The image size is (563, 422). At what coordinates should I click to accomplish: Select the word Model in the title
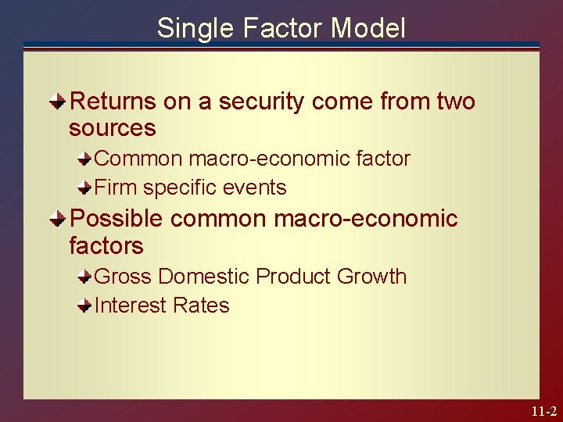tap(368, 28)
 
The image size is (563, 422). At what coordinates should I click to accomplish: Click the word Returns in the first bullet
tap(114, 102)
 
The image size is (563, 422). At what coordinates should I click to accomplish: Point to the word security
tap(256, 102)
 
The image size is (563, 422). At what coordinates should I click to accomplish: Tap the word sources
tap(112, 128)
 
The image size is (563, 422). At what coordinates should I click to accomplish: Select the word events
tap(256, 188)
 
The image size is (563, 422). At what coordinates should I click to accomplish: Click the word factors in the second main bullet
tap(106, 246)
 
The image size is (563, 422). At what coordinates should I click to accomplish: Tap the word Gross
tap(123, 277)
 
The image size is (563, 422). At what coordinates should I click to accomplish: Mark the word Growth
tap(372, 277)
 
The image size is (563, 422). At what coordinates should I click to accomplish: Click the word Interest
tap(128, 306)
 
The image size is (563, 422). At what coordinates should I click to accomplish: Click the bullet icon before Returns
tap(59, 102)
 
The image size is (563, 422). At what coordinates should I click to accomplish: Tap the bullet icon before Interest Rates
tap(84, 306)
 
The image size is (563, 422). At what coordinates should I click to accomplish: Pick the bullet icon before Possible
tap(59, 219)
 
